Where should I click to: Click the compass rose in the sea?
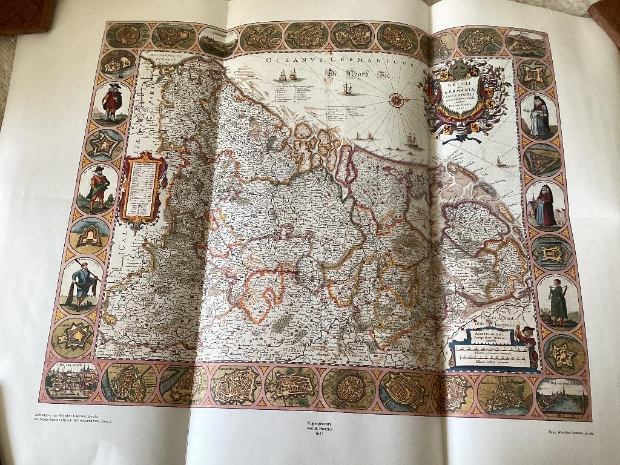pos(396,100)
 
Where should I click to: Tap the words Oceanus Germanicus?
pos(338,61)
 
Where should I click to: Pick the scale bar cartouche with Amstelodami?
pos(486,348)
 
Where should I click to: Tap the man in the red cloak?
pos(111,102)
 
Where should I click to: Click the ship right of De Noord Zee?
pos(348,88)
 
